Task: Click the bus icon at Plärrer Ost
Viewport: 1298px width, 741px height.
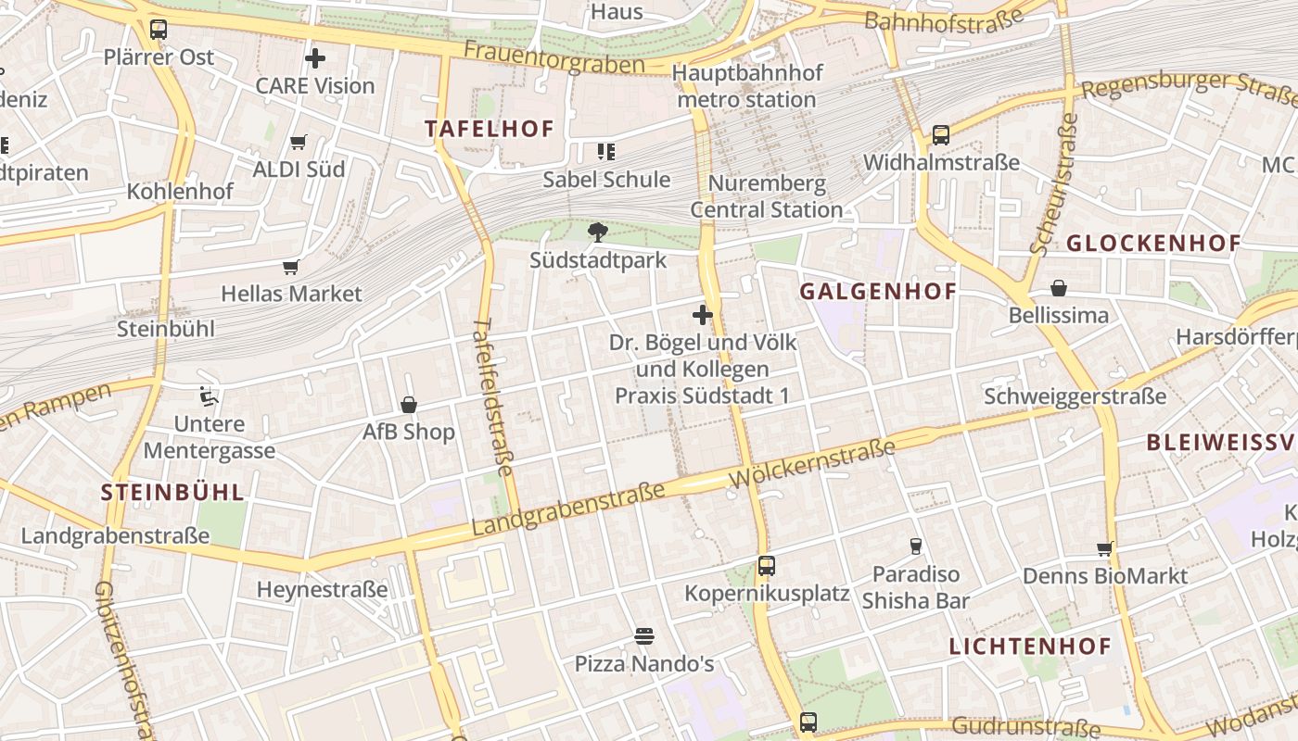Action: [x=159, y=29]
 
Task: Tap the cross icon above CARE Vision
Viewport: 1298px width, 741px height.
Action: [x=315, y=58]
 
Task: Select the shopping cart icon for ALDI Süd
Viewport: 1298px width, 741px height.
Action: [x=298, y=143]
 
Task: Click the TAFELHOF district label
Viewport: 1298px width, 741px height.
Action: [x=489, y=129]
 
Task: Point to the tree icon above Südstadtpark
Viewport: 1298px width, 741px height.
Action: [x=598, y=232]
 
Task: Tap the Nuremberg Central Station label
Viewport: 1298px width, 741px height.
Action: [x=766, y=196]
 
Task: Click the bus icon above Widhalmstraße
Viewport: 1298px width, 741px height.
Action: [x=941, y=135]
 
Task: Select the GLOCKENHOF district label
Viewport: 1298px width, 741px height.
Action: [x=1153, y=244]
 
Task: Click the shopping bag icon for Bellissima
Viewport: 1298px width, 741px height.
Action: [x=1059, y=288]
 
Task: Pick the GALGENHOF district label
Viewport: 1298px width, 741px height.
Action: [x=878, y=292]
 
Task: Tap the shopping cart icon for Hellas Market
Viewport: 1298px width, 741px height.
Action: [x=291, y=268]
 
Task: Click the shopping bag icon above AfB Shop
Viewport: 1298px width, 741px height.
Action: [x=409, y=405]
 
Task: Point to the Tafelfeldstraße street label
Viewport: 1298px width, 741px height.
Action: [x=492, y=398]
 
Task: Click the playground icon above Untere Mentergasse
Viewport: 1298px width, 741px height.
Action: [x=210, y=397]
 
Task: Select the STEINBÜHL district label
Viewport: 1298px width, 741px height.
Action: [x=172, y=492]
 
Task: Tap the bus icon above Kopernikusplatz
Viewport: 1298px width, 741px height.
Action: [x=766, y=566]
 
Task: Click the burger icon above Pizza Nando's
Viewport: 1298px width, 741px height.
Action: [x=644, y=636]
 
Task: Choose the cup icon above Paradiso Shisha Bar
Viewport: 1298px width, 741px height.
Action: [x=916, y=546]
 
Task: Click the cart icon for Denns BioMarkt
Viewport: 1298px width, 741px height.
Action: [x=1104, y=549]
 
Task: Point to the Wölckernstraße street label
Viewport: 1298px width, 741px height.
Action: [x=812, y=465]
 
